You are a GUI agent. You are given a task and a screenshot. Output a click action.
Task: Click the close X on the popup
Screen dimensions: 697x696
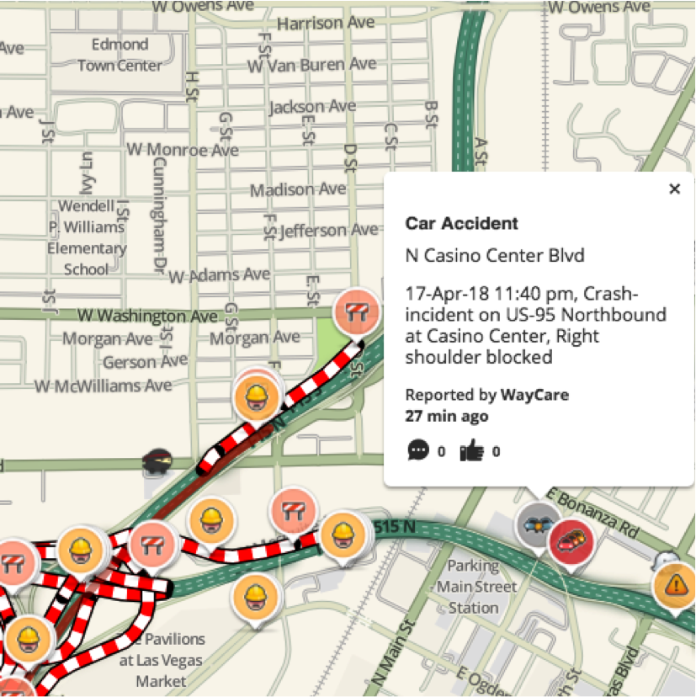[x=674, y=189]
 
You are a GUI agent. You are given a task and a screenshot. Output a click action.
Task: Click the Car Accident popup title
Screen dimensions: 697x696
[x=461, y=223]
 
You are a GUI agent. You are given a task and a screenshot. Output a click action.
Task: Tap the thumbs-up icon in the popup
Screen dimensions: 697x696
[x=471, y=451]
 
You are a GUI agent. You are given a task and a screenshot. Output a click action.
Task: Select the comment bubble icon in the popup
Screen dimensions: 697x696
[x=417, y=451]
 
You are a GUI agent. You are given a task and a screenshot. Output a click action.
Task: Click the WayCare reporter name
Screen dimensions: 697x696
[x=534, y=395]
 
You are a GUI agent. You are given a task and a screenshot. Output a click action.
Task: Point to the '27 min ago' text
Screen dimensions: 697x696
[x=446, y=416]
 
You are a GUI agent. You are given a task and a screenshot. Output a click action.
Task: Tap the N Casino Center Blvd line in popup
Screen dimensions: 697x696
[x=494, y=255]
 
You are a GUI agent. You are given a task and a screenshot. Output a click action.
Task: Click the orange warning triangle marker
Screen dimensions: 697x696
[x=674, y=584]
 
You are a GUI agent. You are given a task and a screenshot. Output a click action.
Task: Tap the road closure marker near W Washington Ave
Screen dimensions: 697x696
[x=356, y=312]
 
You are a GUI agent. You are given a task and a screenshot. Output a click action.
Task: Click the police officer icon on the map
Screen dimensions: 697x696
[x=158, y=461]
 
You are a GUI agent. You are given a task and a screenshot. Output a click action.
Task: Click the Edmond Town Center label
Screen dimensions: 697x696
[x=120, y=54]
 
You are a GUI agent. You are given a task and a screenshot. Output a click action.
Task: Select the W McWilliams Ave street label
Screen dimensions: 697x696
[x=103, y=386]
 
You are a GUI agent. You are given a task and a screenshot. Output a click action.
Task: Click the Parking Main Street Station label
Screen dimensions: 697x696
[x=472, y=586]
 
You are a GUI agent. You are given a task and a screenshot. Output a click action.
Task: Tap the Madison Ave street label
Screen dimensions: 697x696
[x=298, y=189]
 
